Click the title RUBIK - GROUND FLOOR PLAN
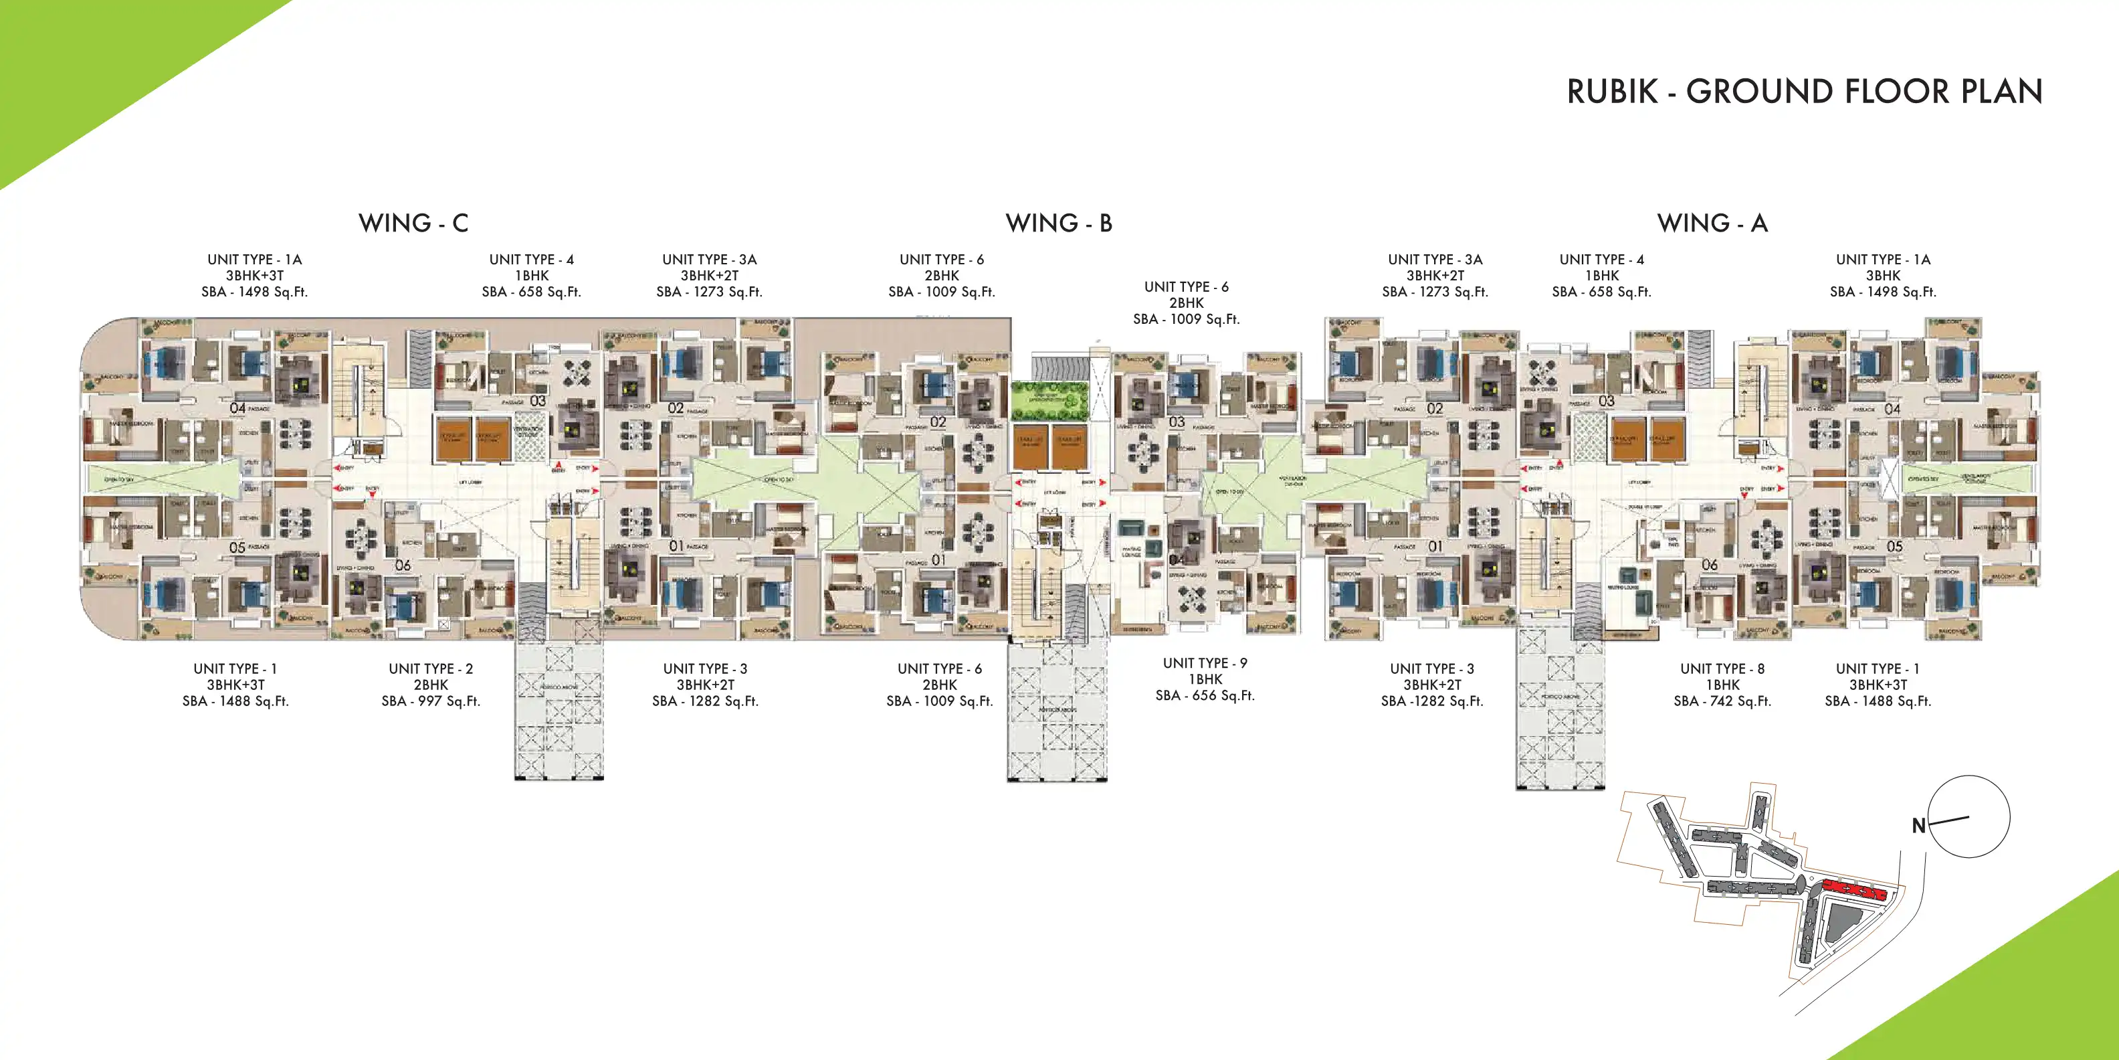(x=1804, y=92)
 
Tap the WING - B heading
(x=1059, y=223)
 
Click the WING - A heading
(x=1712, y=223)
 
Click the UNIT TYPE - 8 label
(x=1722, y=669)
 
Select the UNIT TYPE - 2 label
(x=430, y=669)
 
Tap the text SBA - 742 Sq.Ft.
(x=1722, y=701)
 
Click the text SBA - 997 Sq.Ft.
(x=430, y=701)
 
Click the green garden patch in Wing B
(x=1049, y=401)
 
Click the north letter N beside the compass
(x=1918, y=826)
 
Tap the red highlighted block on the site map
(x=1853, y=889)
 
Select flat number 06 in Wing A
(x=1710, y=565)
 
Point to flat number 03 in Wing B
(x=1177, y=422)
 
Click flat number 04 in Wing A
(x=1892, y=409)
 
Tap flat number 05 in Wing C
(x=237, y=547)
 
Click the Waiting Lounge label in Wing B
(x=1131, y=551)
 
